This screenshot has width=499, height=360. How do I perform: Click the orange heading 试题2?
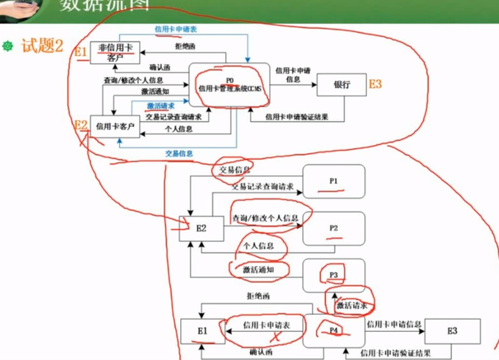coord(42,46)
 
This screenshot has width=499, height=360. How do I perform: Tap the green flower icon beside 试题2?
coord(8,46)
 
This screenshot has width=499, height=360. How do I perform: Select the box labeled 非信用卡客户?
coord(115,52)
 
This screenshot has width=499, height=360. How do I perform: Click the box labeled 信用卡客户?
coord(115,126)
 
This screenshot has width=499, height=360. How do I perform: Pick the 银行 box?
coord(342,85)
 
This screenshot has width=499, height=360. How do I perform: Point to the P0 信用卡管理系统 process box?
coord(230,85)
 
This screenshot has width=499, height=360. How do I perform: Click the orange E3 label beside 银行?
coord(375,84)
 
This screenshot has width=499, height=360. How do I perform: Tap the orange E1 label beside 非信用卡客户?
coord(81,52)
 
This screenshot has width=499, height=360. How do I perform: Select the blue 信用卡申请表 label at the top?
coord(176,29)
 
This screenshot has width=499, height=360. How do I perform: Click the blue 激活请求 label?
coord(161,106)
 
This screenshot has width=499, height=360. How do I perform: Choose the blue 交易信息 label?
coord(179,154)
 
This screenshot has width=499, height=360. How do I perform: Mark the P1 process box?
coord(334,181)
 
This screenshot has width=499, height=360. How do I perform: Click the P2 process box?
coord(334,228)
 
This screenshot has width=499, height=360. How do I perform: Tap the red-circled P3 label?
coord(333,275)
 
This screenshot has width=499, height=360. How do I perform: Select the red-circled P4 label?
coord(333,330)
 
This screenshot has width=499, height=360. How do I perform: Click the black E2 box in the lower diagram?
coord(201,228)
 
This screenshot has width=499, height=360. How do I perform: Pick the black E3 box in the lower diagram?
coord(452,331)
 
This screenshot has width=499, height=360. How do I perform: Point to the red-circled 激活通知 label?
coord(258,270)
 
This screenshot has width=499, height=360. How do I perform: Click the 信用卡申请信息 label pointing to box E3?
coord(394,324)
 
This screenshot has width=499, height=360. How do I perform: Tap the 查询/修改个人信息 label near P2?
coord(265,218)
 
